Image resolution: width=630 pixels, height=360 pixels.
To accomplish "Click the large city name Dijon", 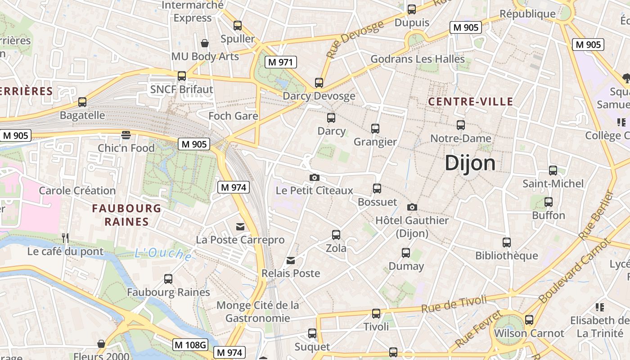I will [470, 163].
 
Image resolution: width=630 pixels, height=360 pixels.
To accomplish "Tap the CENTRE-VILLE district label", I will [470, 102].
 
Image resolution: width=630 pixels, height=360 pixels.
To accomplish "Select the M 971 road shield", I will [281, 62].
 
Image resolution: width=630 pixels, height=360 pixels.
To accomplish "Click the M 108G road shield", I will [190, 345].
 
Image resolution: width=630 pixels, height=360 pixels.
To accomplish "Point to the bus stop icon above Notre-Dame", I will [460, 125].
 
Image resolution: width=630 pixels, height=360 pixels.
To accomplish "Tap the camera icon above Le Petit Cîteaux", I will [315, 177].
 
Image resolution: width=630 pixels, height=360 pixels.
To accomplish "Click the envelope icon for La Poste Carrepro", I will [240, 226].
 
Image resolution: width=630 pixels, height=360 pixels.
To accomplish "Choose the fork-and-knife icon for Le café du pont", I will [66, 238].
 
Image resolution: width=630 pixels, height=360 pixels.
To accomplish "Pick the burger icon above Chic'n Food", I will [126, 135].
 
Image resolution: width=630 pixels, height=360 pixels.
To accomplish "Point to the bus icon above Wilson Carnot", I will [529, 320].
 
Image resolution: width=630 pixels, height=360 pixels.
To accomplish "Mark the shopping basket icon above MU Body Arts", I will [205, 43].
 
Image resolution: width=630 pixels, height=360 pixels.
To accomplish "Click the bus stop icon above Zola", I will [336, 234].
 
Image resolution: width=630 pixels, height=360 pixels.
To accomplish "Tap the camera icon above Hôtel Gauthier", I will [412, 207].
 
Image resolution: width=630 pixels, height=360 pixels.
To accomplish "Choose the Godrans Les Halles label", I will [417, 59].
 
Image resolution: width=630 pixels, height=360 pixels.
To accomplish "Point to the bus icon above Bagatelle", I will [82, 102].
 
